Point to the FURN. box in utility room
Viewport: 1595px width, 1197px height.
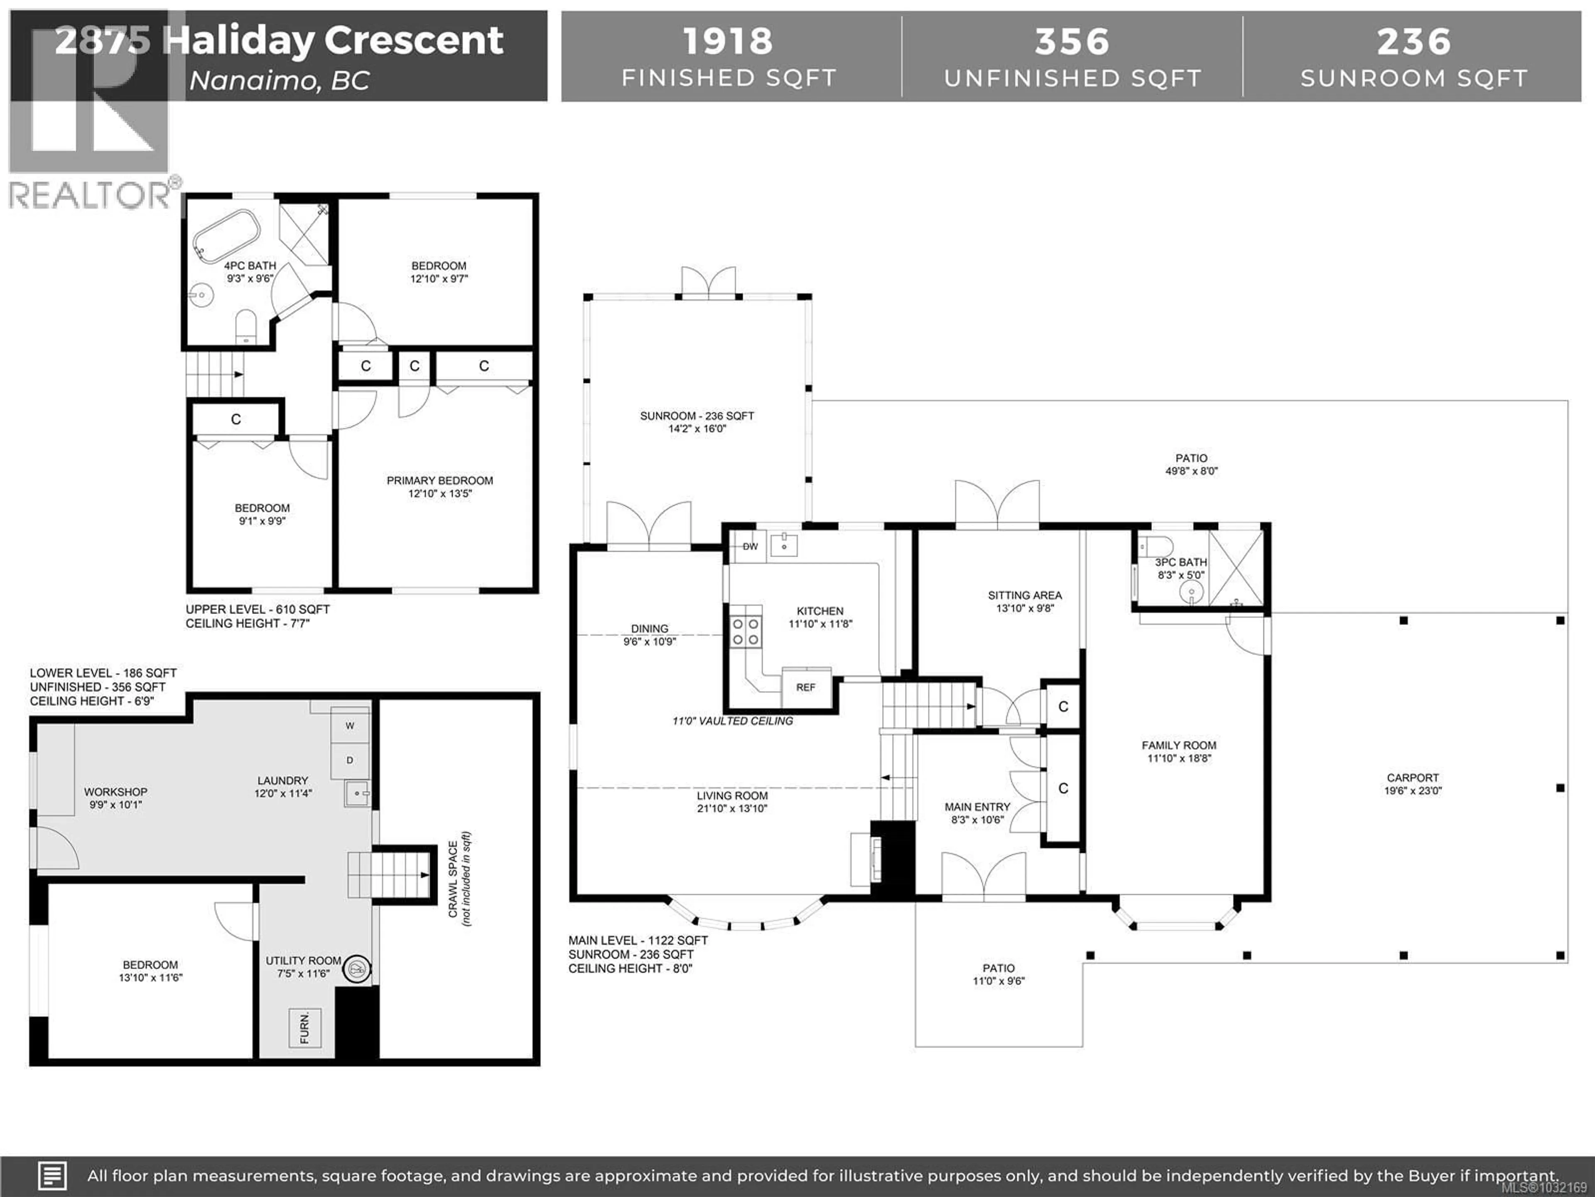click(x=304, y=1027)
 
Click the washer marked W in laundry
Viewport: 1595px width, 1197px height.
click(x=350, y=725)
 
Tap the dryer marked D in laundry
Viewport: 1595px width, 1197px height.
click(x=350, y=760)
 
